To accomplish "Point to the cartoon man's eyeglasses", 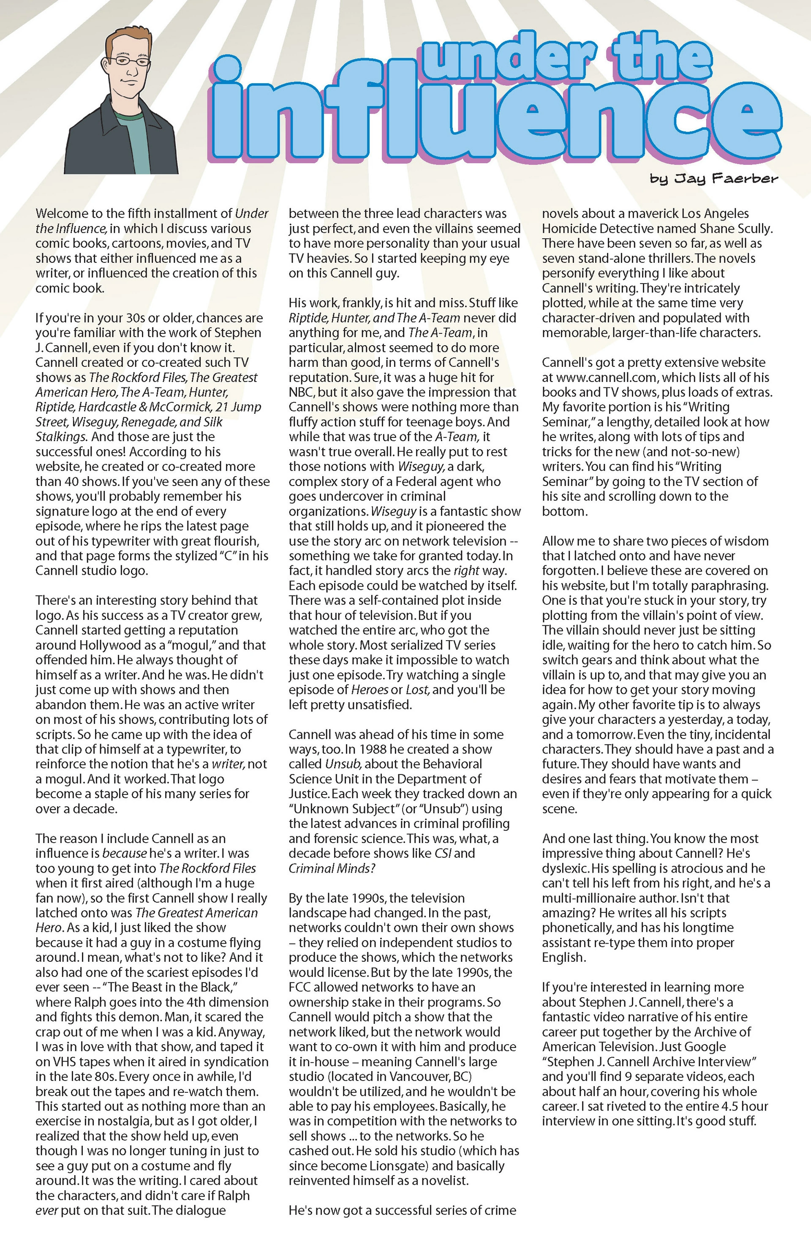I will pos(129,61).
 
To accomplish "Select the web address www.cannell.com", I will pos(606,377).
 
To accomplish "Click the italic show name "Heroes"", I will pos(370,690).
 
